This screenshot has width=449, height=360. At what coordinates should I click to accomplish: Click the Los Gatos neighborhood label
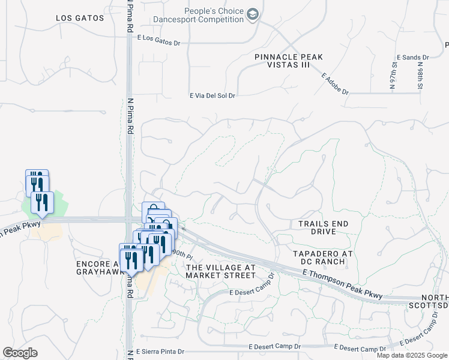pos(80,18)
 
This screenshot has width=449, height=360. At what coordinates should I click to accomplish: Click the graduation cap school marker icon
pos(253,14)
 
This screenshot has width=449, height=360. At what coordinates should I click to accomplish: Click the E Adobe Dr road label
pos(335,85)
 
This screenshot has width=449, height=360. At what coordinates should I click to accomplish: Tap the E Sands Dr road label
pos(412,57)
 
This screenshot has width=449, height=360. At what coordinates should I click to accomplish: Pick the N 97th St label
pos(394,75)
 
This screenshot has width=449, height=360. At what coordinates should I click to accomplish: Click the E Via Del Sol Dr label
pos(212,95)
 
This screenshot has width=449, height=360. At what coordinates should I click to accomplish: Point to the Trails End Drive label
pos(323,227)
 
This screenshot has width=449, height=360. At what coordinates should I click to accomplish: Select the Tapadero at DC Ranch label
pos(319,257)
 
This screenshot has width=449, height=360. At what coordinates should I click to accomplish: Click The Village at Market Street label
pos(221,271)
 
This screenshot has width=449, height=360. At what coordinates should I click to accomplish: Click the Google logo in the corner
pos(20,353)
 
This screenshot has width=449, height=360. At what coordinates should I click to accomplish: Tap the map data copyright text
pos(411,355)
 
